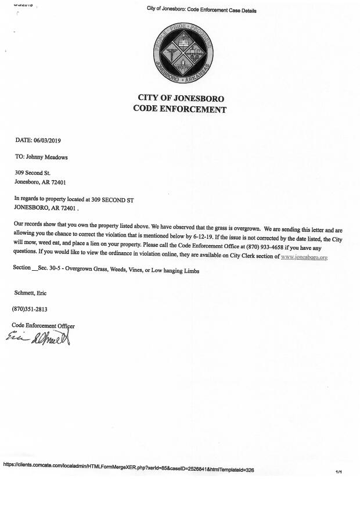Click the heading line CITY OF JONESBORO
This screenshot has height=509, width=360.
(181, 98)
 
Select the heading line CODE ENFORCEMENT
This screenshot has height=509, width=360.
(180, 109)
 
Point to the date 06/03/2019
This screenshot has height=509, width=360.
(51, 140)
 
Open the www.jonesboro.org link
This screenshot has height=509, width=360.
(304, 256)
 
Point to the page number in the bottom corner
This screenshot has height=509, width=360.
(339, 472)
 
